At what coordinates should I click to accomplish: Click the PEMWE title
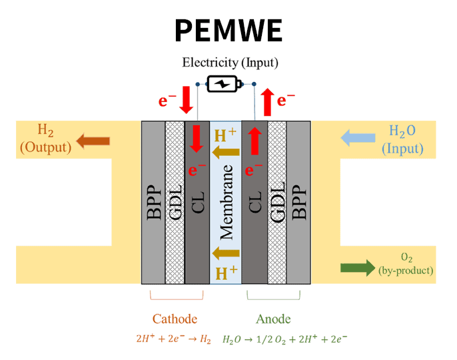tap(228, 31)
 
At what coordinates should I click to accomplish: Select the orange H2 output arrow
tap(93, 140)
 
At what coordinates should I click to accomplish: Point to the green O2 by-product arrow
tap(358, 267)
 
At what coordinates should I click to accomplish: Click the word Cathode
tap(175, 319)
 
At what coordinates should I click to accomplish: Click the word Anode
tap(273, 319)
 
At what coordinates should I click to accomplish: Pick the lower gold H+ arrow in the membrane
tap(226, 252)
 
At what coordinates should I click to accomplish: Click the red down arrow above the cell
tap(186, 100)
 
